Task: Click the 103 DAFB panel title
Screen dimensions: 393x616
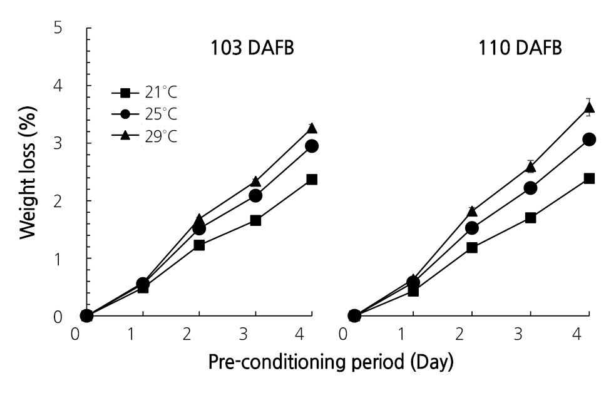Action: tap(252, 48)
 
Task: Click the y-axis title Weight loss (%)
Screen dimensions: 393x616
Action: tap(28, 171)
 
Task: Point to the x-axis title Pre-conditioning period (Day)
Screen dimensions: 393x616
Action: tap(331, 362)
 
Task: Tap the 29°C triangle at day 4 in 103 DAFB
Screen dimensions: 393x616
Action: tap(312, 128)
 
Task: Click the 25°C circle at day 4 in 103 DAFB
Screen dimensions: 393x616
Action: tap(312, 146)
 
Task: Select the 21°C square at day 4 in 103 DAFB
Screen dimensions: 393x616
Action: tap(312, 180)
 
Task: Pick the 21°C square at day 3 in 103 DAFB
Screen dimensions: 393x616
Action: tap(255, 220)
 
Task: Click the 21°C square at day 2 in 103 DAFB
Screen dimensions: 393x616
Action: tap(199, 245)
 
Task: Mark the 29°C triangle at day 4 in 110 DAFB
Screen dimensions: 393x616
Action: tap(588, 108)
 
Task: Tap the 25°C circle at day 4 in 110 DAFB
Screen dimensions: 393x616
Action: tap(588, 140)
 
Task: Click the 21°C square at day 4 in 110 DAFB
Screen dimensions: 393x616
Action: tap(588, 178)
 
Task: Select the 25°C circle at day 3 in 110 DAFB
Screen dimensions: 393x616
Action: tap(530, 188)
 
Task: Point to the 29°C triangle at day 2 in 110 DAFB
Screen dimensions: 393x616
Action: tap(472, 211)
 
